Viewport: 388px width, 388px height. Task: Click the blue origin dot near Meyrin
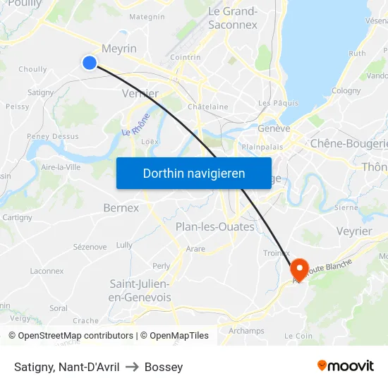(90, 63)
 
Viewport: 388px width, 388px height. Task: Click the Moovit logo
(346, 365)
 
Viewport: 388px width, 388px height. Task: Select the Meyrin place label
(119, 48)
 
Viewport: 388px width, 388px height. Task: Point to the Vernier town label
(140, 93)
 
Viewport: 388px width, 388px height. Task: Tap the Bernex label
(121, 208)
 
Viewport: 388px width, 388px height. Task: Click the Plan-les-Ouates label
(214, 226)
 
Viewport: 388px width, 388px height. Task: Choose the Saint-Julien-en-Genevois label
(140, 290)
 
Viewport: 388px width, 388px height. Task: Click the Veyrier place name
(354, 231)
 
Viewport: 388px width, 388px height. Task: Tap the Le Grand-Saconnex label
(233, 18)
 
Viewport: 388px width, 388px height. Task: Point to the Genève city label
(274, 128)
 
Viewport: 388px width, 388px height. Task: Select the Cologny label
(346, 90)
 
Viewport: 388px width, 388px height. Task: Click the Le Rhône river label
(136, 125)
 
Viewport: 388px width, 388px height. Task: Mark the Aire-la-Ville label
(61, 167)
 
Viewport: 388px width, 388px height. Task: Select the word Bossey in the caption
(164, 367)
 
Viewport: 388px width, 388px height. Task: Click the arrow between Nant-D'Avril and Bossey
(132, 367)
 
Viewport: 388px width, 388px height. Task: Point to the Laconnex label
(47, 271)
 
